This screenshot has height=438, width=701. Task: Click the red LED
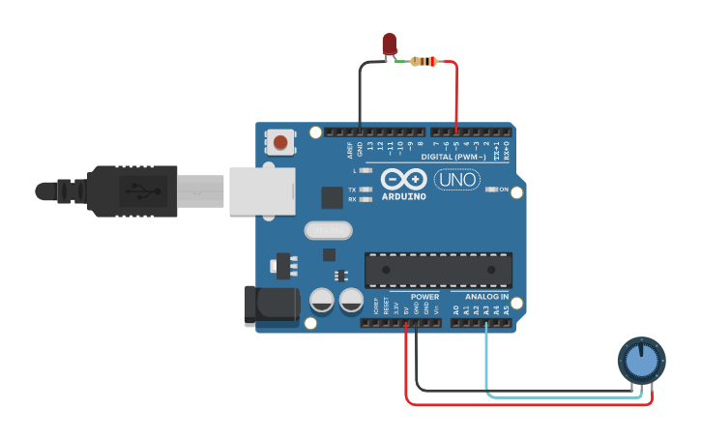click(x=390, y=44)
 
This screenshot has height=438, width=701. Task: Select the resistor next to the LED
click(x=424, y=62)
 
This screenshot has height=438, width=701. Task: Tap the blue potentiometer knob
click(x=641, y=362)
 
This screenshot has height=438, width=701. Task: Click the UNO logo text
click(x=456, y=179)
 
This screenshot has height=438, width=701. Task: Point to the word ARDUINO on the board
click(x=403, y=196)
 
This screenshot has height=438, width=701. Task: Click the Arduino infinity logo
click(x=403, y=179)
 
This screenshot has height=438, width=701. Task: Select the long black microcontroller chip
click(x=438, y=270)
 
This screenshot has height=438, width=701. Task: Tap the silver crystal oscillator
click(x=329, y=230)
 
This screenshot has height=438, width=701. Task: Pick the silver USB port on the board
click(x=261, y=190)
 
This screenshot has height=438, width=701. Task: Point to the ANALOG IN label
click(x=486, y=297)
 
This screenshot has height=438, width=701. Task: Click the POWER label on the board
click(x=424, y=297)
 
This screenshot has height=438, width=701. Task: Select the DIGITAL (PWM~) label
click(x=453, y=157)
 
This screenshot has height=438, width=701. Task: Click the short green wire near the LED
click(x=401, y=61)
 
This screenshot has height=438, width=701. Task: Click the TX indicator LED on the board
click(x=365, y=190)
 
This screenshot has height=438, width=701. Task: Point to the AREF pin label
click(x=350, y=151)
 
